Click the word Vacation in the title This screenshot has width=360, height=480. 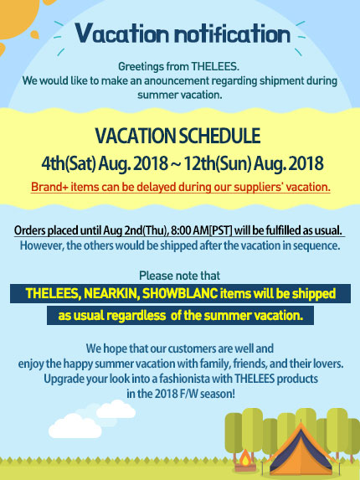(x=121, y=33)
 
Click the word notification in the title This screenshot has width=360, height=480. (x=232, y=33)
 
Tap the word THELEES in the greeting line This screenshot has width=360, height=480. (x=214, y=66)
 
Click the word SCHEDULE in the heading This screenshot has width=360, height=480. (x=219, y=136)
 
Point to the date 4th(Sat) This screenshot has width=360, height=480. (x=69, y=163)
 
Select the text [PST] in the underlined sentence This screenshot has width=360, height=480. (x=221, y=230)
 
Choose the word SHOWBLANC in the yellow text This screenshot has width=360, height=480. (x=180, y=293)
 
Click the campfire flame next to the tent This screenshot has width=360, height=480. (x=245, y=457)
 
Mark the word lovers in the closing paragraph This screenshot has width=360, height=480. (x=328, y=364)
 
